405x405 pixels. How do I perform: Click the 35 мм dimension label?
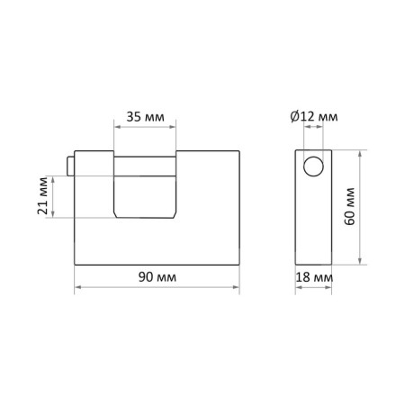pyautogui.click(x=145, y=117)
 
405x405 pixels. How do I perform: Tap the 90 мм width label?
pyautogui.click(x=157, y=277)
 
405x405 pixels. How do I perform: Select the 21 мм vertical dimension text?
pyautogui.click(x=42, y=195)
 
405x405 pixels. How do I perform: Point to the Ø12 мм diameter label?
pyautogui.click(x=314, y=116)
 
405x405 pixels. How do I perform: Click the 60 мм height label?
pyautogui.click(x=350, y=206)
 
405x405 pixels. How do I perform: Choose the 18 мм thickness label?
pyautogui.click(x=314, y=277)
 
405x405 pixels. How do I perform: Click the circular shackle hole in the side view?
pyautogui.click(x=313, y=166)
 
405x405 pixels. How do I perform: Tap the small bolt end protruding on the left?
pyautogui.click(x=70, y=166)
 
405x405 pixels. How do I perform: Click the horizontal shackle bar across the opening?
pyautogui.click(x=145, y=166)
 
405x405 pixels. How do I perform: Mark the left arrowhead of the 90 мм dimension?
pyautogui.click(x=77, y=287)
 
